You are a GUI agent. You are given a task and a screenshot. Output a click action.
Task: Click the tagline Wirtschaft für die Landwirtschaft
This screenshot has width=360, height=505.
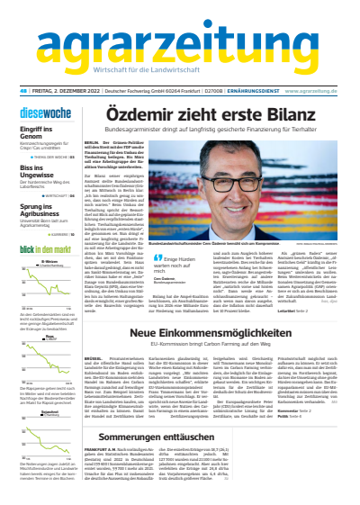pyautogui.click(x=180, y=73)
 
